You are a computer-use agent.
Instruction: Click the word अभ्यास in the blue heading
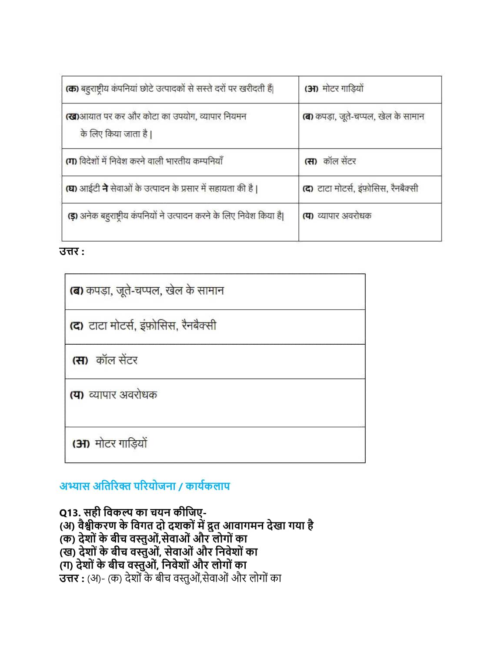75,486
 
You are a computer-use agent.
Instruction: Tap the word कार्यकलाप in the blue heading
207,486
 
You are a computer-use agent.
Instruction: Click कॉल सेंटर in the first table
339,161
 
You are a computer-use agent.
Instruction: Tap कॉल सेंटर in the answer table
117,360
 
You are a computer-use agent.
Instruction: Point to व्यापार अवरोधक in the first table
344,216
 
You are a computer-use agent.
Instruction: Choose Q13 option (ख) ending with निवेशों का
159,552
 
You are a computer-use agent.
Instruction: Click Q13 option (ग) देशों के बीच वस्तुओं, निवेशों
153,565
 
